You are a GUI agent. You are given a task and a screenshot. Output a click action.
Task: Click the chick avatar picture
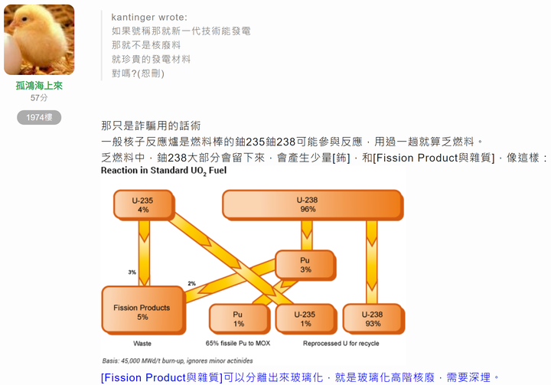(x=39, y=39)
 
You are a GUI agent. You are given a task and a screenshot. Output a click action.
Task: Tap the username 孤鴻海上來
(x=39, y=86)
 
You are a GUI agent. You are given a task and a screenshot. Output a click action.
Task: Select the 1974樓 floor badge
(x=39, y=117)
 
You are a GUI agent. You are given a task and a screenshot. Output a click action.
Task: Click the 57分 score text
(x=39, y=98)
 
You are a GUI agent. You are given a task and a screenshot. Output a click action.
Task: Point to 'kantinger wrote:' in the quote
(x=149, y=18)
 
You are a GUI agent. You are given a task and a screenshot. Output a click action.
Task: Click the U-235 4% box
(x=143, y=205)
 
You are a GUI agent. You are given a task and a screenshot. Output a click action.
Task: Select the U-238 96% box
(x=313, y=204)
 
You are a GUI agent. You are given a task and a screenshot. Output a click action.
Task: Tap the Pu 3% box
(x=305, y=265)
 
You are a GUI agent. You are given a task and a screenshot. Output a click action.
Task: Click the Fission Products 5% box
(x=143, y=310)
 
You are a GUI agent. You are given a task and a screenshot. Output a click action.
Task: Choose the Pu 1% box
(x=240, y=319)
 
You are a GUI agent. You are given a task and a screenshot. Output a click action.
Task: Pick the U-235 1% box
(x=305, y=319)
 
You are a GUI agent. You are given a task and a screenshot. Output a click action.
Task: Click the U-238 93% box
(x=373, y=319)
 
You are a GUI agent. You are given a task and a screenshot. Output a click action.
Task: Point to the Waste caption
(x=142, y=344)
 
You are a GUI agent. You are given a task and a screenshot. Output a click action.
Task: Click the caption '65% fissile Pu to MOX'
(x=238, y=343)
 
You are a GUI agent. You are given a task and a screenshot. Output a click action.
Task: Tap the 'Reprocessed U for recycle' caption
(x=341, y=343)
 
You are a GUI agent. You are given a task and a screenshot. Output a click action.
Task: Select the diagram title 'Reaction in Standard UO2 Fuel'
(x=164, y=171)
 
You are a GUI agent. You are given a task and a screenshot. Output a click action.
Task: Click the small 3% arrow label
(x=132, y=272)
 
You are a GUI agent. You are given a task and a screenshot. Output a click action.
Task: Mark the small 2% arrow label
(x=191, y=283)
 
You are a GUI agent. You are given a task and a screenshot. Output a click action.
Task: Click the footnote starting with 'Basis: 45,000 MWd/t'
(x=178, y=361)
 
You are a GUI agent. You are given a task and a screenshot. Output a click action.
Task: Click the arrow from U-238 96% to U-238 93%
(x=372, y=263)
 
